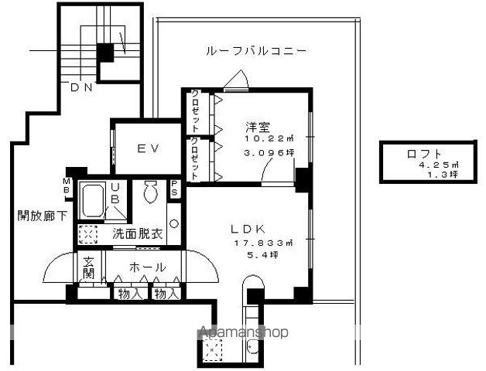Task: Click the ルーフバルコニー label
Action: pos(255,52)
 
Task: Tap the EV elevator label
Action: pos(149,148)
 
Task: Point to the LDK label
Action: pos(249,229)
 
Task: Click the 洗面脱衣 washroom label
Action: pos(137,233)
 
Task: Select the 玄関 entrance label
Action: pos(89,268)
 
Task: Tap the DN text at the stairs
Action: pos(81,87)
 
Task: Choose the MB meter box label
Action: pos(67,187)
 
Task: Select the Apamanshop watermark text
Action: pos(244,332)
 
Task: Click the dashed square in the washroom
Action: pos(88,233)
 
